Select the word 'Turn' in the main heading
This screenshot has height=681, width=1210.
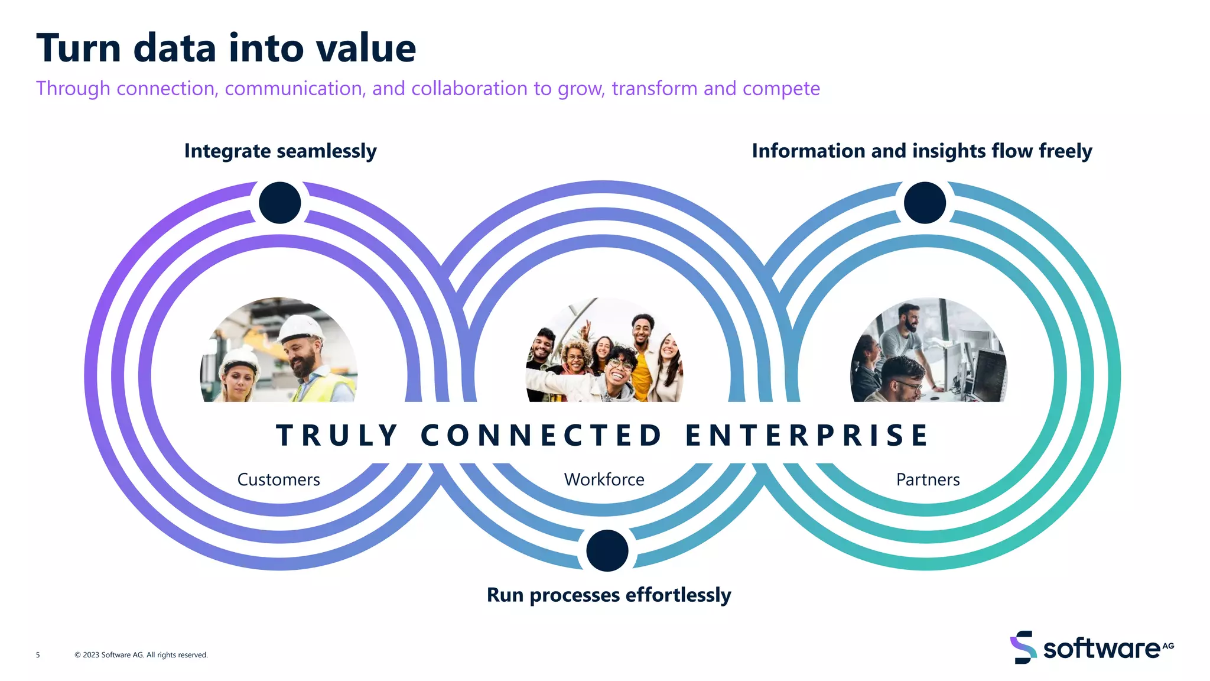[79, 48]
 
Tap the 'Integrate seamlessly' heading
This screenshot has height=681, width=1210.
[280, 151]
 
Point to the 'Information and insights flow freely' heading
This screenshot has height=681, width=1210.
[922, 151]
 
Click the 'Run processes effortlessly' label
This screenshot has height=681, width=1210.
[609, 595]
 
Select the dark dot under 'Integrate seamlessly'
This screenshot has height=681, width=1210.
[280, 203]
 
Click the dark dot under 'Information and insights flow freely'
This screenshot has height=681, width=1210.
[925, 203]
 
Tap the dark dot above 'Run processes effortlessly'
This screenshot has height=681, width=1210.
[607, 550]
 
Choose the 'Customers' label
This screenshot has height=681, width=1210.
[278, 479]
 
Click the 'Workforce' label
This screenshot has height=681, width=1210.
[604, 479]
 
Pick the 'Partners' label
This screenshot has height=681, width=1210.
[928, 479]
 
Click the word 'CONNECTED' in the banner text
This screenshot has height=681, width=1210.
[541, 436]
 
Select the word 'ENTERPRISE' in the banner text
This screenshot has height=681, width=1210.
[806, 436]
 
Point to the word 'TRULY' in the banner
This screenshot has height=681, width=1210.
[337, 436]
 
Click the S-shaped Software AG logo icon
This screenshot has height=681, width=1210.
[1023, 647]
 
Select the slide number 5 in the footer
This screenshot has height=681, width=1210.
[38, 655]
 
